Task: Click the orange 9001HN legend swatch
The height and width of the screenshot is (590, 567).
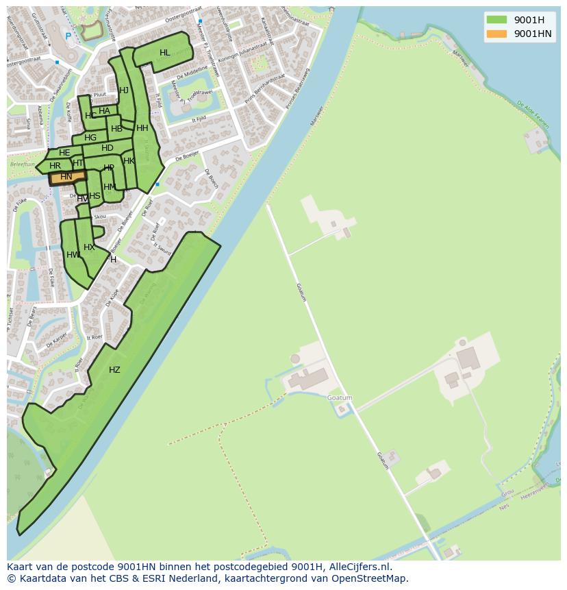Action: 496,34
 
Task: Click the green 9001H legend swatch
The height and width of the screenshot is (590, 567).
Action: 496,19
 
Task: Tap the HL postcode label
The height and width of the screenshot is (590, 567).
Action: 165,53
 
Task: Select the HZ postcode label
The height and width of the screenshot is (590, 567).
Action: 114,370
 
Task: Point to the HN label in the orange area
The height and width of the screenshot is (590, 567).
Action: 66,177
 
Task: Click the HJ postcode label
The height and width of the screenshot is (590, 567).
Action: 124,90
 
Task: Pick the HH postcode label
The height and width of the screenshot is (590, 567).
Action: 142,128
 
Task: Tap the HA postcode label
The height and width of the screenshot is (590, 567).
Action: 104,111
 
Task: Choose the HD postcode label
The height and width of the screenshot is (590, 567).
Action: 108,148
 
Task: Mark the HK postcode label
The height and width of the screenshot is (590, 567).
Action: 129,161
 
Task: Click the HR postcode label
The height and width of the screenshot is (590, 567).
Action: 55,166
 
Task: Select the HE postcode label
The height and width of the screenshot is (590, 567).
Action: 64,153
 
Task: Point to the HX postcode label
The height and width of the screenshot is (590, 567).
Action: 89,247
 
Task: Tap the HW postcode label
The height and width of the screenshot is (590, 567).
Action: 73,255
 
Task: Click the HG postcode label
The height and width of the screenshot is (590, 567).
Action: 90,138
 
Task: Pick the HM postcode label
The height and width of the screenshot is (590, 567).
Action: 110,187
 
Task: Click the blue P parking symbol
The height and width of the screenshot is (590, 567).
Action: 68,36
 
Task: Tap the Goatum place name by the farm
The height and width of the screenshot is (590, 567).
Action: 340,398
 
